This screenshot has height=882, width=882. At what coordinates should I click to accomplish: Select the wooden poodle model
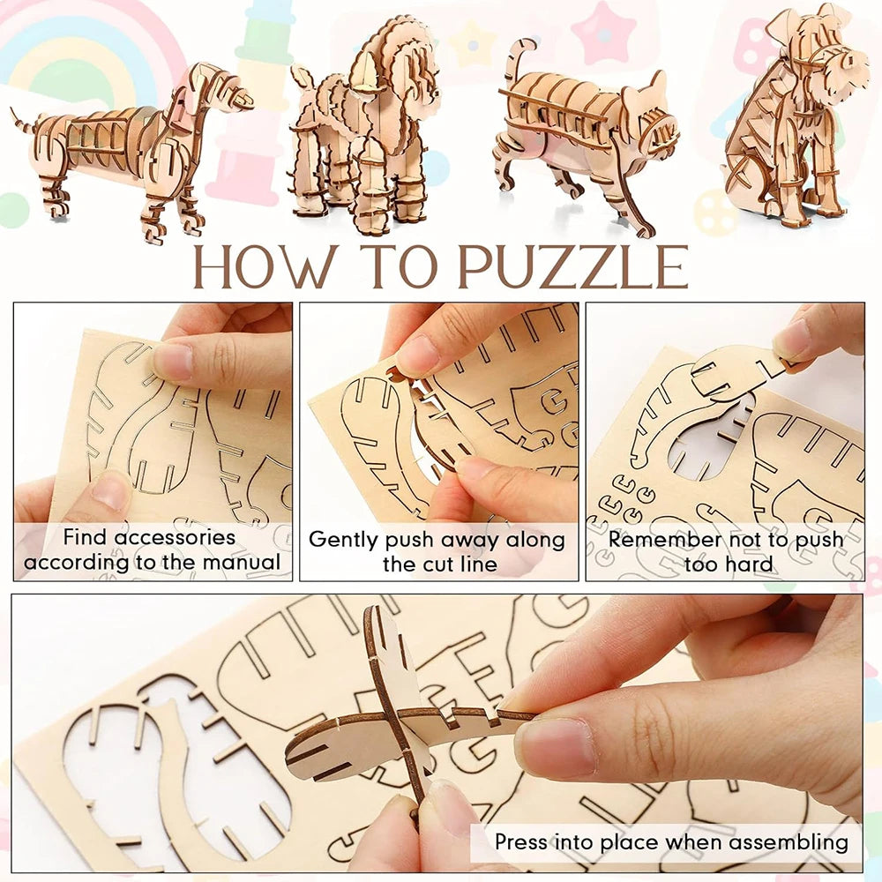[x=366, y=132]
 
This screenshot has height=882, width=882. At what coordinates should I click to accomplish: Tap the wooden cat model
[x=582, y=132]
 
